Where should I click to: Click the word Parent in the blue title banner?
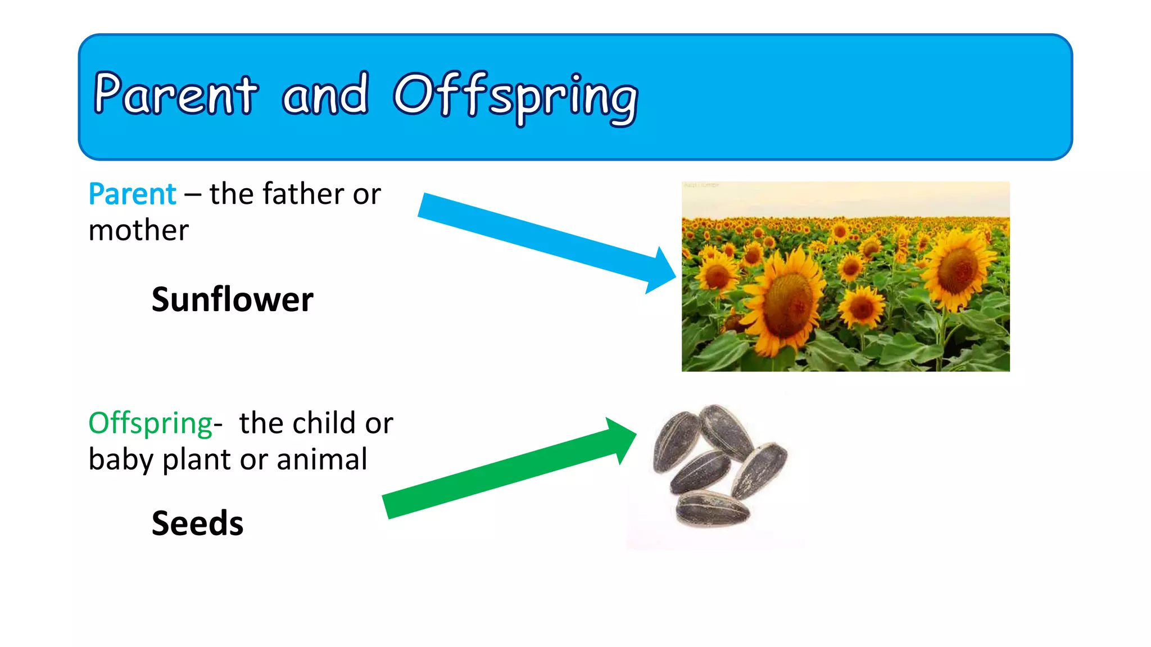click(175, 94)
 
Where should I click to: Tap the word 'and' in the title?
click(325, 94)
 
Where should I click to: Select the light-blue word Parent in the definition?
click(133, 194)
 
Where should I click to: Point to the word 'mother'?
click(138, 231)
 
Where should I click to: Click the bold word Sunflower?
click(232, 299)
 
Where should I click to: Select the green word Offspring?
click(150, 423)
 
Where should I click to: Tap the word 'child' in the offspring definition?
click(324, 423)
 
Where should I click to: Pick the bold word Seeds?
click(197, 523)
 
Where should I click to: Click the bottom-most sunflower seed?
click(712, 509)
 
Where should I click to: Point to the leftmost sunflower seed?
click(675, 441)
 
